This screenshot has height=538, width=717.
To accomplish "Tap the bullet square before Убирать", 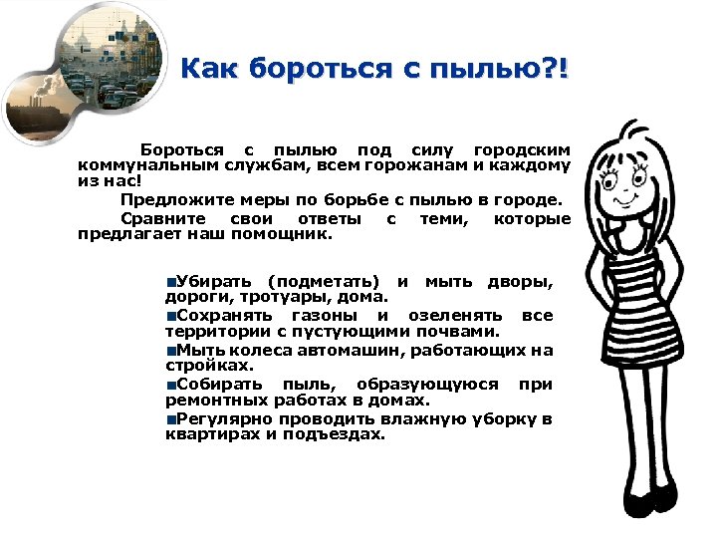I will [x=171, y=280].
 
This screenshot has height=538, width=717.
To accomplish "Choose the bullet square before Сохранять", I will [x=171, y=315].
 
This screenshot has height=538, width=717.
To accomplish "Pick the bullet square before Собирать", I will [x=171, y=385].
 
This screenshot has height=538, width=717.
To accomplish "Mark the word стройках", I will [x=195, y=366].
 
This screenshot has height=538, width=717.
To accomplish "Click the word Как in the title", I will [x=211, y=70].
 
